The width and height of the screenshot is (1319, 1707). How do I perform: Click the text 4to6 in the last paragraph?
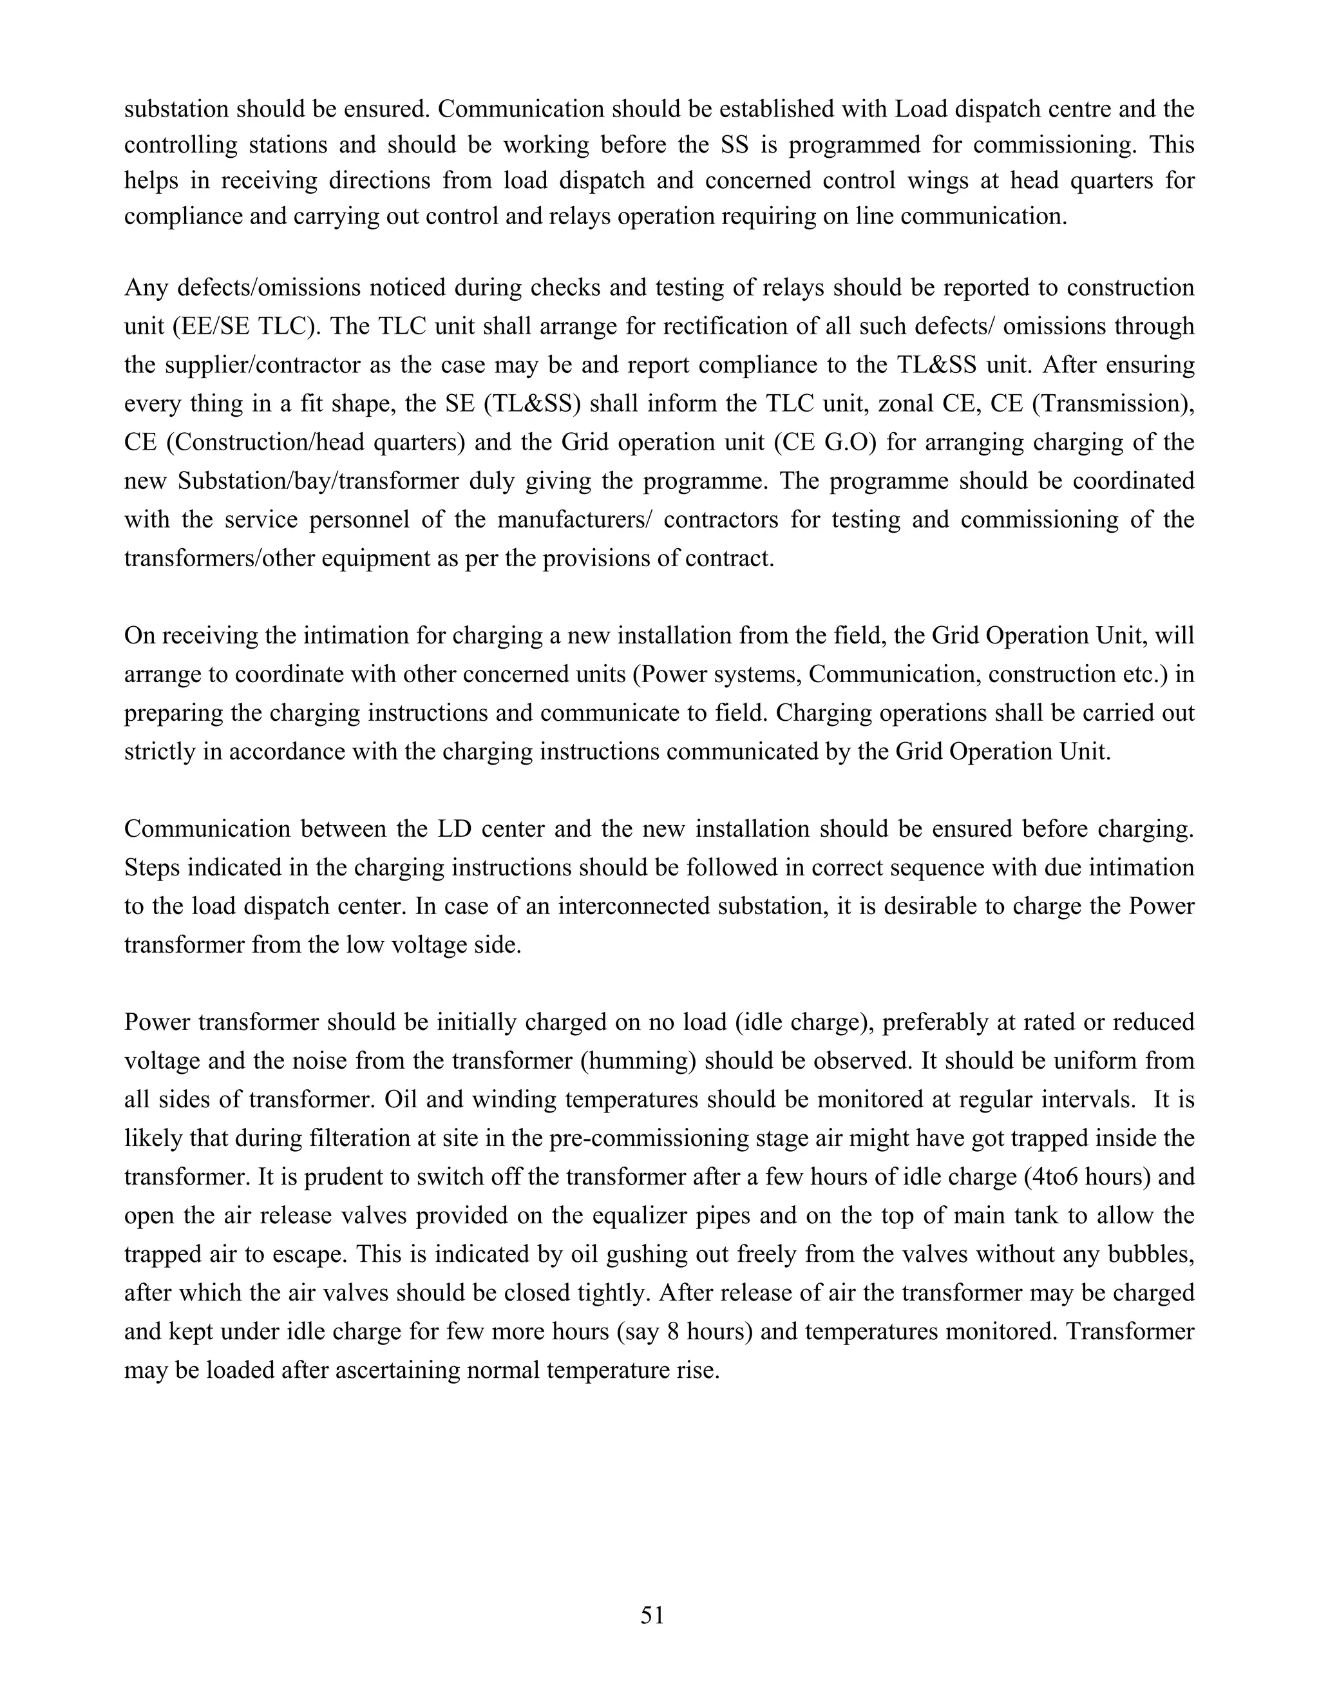[x=1058, y=1177]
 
